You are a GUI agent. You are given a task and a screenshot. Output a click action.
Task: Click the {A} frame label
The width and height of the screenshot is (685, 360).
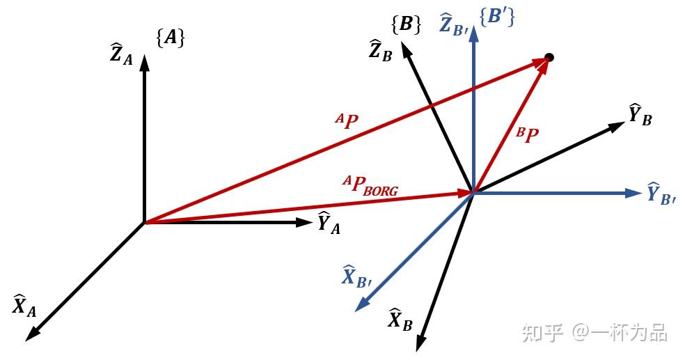click(x=171, y=38)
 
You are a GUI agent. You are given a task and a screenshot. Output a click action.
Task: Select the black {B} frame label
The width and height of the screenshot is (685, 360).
click(x=407, y=25)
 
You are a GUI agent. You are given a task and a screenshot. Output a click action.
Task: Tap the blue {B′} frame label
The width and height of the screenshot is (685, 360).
click(x=497, y=17)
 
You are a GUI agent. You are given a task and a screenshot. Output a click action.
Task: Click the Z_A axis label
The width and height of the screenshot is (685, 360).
click(x=121, y=54)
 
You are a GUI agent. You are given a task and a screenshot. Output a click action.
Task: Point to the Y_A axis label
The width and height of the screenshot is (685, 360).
click(x=329, y=223)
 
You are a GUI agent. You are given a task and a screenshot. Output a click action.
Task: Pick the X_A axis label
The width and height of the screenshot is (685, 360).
click(x=24, y=306)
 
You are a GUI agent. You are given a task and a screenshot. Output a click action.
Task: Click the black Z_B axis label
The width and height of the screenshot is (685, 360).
click(x=381, y=50)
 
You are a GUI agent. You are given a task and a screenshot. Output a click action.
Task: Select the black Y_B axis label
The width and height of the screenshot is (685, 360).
click(x=640, y=116)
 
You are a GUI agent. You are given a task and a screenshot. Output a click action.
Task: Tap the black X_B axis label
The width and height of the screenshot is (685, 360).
click(x=400, y=320)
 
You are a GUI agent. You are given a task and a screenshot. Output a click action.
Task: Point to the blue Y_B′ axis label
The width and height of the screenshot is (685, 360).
click(x=661, y=194)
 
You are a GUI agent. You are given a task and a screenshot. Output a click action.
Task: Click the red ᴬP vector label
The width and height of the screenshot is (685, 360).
click(x=347, y=121)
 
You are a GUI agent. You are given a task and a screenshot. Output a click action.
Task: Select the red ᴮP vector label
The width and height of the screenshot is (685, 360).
click(x=527, y=135)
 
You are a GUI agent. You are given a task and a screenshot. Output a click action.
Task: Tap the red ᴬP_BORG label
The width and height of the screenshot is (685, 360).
click(x=370, y=185)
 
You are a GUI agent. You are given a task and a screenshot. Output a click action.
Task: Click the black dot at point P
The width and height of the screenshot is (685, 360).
click(x=549, y=57)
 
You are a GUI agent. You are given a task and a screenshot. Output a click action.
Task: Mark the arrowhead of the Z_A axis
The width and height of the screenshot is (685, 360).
click(x=144, y=63)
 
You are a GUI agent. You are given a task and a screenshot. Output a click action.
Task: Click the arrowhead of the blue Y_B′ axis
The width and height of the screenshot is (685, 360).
click(x=633, y=193)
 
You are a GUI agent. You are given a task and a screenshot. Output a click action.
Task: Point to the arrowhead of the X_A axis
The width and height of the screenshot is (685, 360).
click(x=32, y=334)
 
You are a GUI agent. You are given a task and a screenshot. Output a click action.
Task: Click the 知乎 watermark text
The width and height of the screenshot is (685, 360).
click(x=542, y=333)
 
